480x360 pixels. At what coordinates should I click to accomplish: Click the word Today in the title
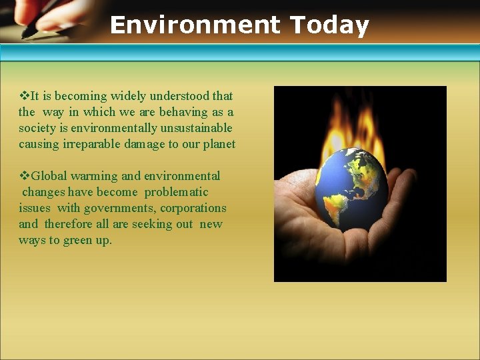(x=329, y=25)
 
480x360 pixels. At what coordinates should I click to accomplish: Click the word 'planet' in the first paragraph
(x=218, y=144)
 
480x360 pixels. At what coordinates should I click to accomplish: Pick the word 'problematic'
(x=176, y=192)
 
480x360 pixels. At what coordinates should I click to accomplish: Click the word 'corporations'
(x=193, y=208)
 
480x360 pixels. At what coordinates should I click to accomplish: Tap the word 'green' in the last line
(x=78, y=240)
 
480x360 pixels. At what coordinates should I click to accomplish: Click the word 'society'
(x=37, y=128)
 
